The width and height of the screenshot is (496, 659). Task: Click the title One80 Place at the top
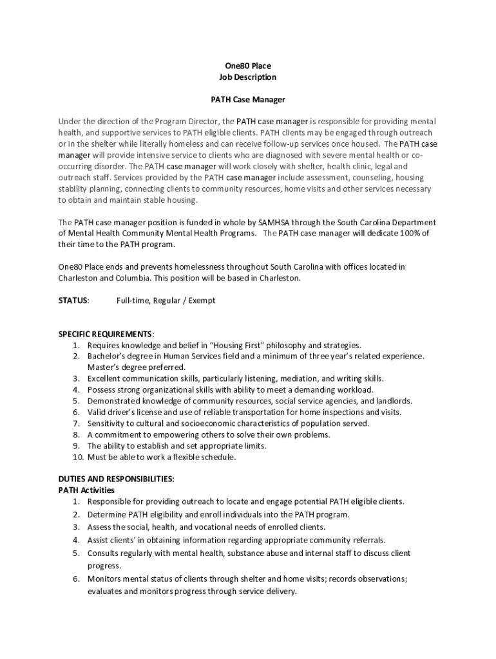tap(248, 66)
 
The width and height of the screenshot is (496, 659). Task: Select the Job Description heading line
tap(248, 77)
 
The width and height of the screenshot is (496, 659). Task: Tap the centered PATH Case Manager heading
tap(248, 100)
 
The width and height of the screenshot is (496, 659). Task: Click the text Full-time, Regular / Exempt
tap(166, 301)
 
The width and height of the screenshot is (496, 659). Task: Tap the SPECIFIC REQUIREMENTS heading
tap(106, 334)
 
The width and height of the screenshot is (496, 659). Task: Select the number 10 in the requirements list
tap(76, 457)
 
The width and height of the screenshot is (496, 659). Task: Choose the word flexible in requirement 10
tap(180, 457)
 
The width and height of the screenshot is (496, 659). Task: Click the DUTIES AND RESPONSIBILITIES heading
tap(116, 479)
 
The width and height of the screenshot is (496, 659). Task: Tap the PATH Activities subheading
tap(86, 490)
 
